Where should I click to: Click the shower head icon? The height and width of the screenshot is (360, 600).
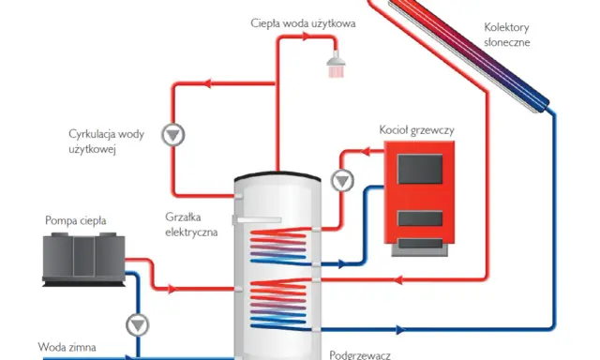(336, 65)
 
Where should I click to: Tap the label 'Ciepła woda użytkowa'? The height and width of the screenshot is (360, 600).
(303, 23)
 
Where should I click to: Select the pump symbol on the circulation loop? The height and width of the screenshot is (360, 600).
(172, 135)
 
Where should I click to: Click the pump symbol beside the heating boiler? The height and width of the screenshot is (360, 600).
(342, 181)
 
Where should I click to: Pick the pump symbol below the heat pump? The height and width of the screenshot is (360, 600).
(138, 324)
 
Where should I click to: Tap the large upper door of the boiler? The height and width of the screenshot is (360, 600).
(420, 169)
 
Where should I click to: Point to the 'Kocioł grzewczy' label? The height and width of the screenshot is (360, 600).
(416, 130)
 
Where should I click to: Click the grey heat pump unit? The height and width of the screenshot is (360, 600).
(83, 259)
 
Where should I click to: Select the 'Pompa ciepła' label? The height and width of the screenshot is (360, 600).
(75, 220)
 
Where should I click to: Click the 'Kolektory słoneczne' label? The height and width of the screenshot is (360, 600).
(506, 35)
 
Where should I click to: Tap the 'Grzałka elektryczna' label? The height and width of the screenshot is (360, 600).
(191, 225)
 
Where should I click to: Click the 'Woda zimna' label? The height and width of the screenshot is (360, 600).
(67, 347)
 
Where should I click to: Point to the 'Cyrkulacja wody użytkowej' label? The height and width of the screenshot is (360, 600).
(106, 142)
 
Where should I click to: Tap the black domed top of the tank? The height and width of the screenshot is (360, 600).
(277, 175)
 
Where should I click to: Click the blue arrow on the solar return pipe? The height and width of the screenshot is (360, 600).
(400, 329)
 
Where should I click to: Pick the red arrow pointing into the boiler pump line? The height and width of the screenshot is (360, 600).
(365, 152)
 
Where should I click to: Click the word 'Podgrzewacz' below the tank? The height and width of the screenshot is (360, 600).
(360, 355)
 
